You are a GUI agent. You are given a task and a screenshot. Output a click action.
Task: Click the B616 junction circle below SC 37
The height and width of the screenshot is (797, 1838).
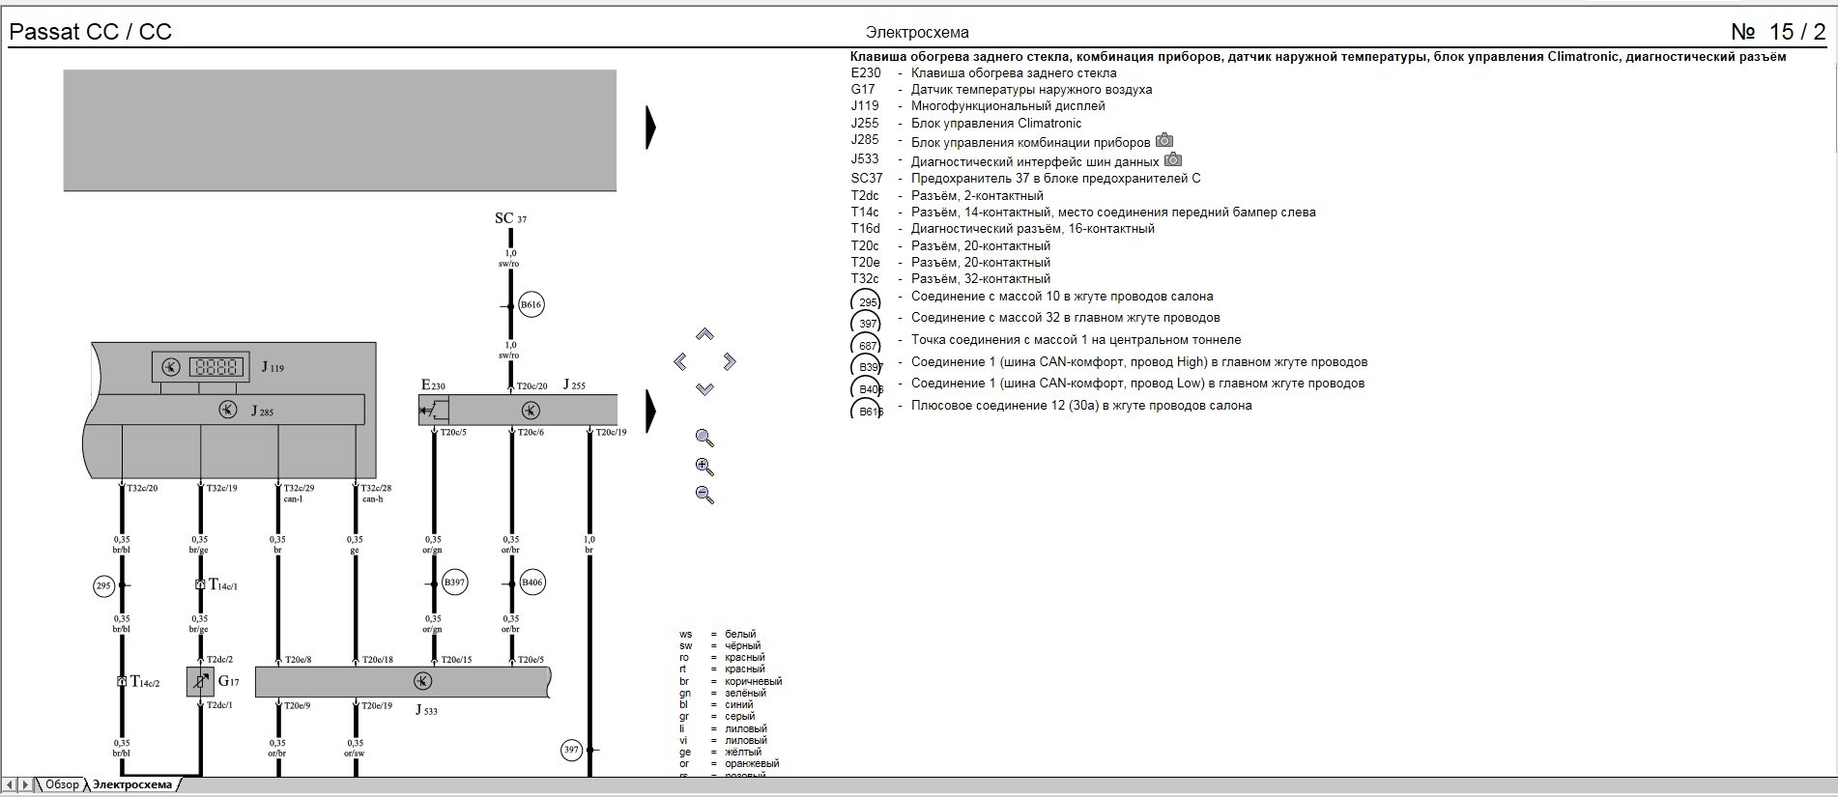[x=531, y=305]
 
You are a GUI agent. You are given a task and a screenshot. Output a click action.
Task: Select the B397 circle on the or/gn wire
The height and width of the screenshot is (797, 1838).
[x=454, y=583]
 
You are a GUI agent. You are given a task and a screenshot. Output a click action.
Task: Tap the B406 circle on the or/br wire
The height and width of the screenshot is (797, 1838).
[x=532, y=583]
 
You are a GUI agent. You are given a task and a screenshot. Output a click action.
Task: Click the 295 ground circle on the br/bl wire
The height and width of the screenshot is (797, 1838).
[x=103, y=585]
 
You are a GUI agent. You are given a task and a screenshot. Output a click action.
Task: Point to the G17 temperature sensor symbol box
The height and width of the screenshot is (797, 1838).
[x=200, y=681]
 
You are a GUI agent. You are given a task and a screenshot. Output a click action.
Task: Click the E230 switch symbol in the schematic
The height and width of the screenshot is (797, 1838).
[x=433, y=411]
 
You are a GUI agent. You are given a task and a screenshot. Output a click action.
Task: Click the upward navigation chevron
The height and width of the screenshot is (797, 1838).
[x=704, y=334]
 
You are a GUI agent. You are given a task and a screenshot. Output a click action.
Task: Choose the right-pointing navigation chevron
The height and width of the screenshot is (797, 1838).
[x=730, y=361]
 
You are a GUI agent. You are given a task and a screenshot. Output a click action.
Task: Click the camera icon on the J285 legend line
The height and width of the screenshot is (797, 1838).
[x=1164, y=141]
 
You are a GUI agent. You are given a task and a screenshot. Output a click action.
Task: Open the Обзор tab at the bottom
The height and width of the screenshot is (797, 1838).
[x=62, y=784]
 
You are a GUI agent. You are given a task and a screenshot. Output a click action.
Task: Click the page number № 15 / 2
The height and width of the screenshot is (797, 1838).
[x=1778, y=32]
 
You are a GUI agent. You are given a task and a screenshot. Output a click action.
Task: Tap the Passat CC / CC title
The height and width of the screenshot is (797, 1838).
[x=90, y=32]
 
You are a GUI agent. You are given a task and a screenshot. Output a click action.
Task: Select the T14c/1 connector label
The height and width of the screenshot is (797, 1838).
[x=223, y=584]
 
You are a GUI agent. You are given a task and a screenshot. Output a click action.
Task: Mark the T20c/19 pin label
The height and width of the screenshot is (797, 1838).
[x=611, y=433]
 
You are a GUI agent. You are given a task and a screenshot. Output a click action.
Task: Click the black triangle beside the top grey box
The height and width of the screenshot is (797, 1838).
[x=650, y=128]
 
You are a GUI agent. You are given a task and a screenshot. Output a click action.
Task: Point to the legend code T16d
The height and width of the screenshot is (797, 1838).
[x=865, y=229]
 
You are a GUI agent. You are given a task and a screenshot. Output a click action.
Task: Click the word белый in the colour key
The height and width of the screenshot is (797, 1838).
[x=740, y=635]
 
